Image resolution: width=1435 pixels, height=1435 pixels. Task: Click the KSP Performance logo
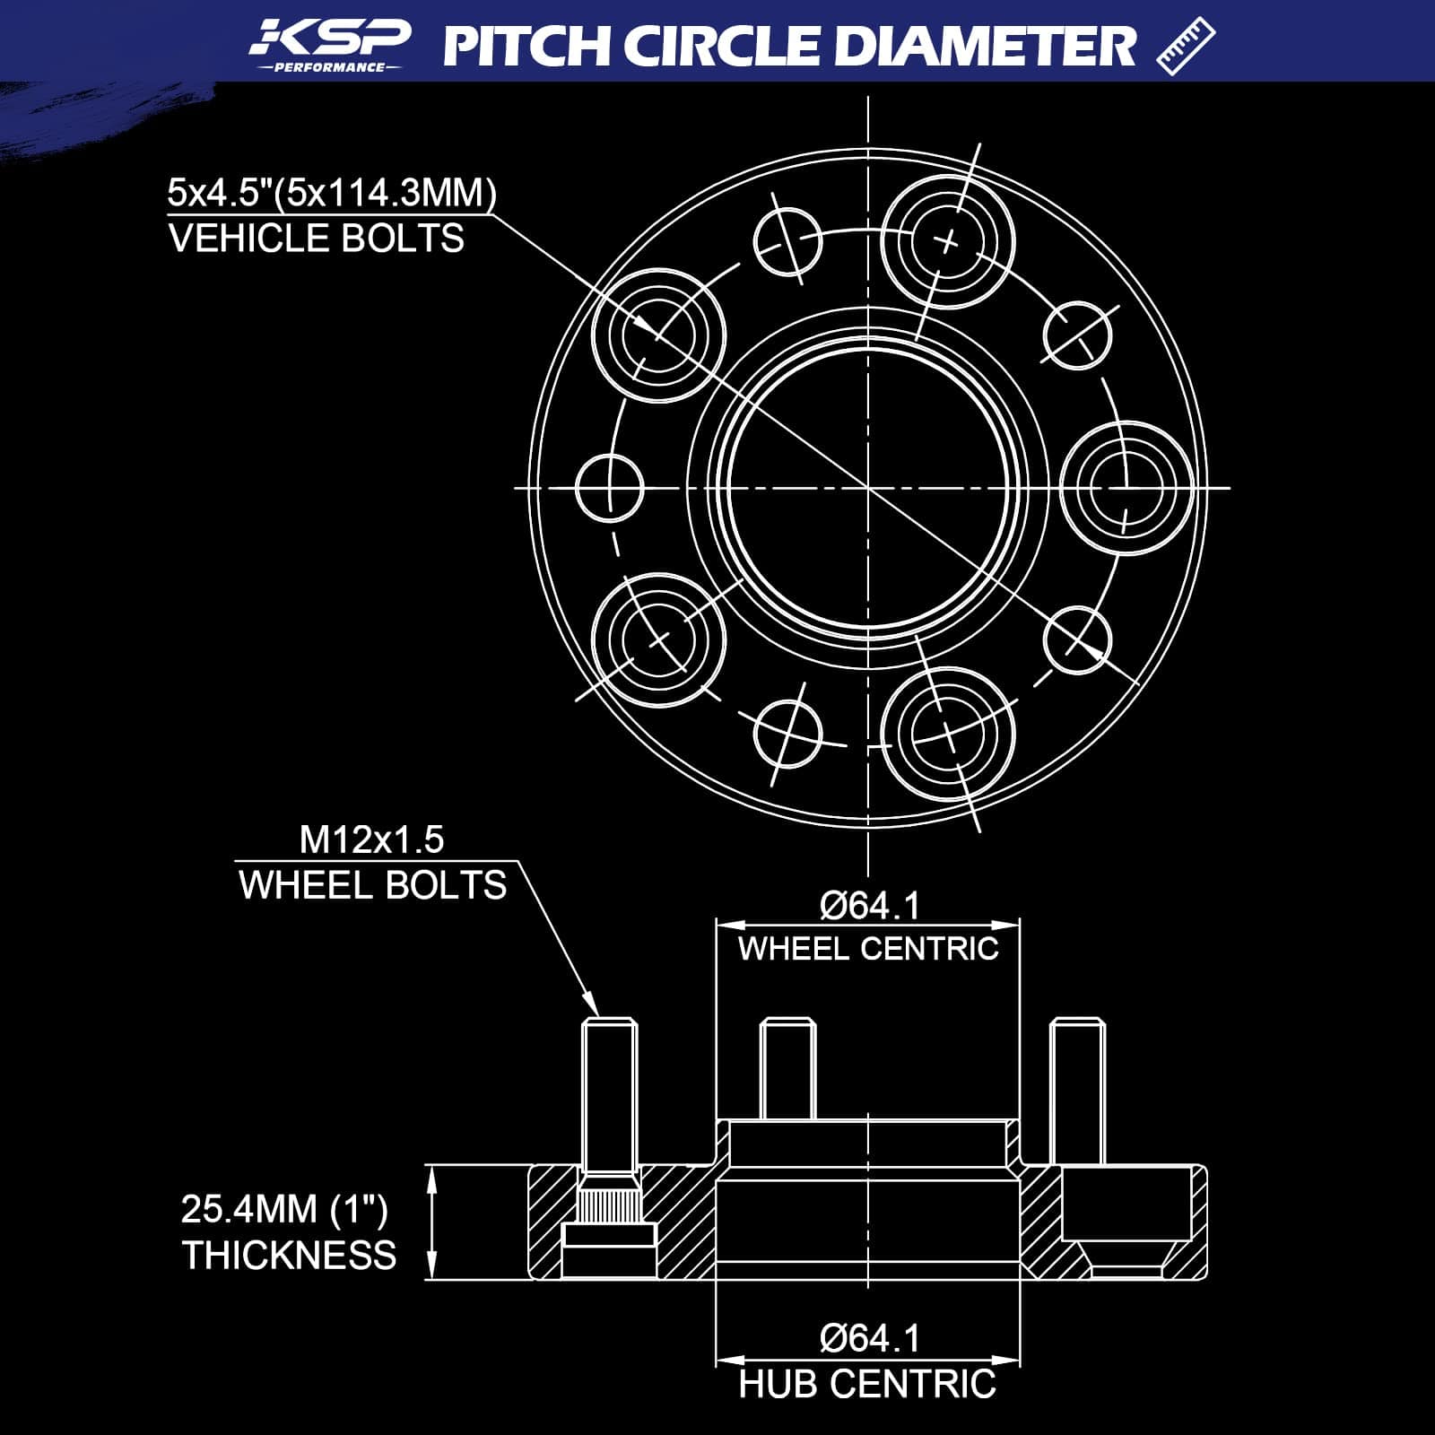point(330,45)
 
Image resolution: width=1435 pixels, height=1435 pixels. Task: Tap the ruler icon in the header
point(1186,47)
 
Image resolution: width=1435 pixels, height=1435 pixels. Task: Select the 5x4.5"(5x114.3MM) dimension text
point(332,193)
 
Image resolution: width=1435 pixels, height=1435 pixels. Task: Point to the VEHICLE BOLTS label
point(317,239)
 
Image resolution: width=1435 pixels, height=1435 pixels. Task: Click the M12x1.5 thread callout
point(371,839)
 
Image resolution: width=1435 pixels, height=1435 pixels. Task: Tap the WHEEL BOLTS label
point(373,885)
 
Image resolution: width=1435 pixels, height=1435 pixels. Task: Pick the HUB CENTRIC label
point(867,1384)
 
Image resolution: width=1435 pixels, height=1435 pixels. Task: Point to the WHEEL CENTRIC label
point(868,948)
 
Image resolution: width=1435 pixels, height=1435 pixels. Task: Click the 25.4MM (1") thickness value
point(284,1209)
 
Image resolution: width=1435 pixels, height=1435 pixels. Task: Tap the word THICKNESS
point(289,1255)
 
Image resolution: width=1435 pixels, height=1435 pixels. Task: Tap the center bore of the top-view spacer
point(868,488)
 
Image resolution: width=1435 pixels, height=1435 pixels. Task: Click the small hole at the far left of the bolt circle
point(610,489)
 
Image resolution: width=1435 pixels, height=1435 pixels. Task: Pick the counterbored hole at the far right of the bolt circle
point(1127,489)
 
